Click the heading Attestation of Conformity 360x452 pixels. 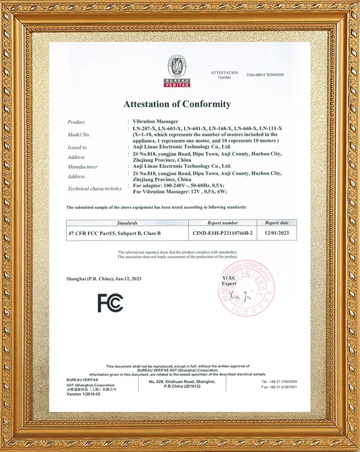point(177,104)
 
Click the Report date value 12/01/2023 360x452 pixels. point(277,233)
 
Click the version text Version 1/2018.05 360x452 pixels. point(84,394)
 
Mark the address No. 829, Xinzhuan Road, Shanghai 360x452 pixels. point(181,381)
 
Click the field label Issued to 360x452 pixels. point(77,147)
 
